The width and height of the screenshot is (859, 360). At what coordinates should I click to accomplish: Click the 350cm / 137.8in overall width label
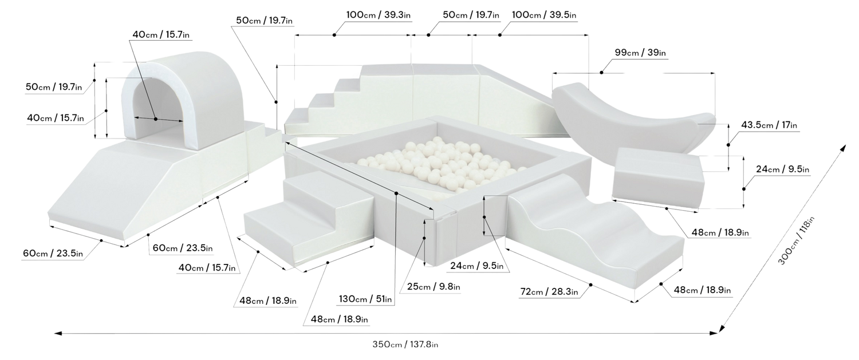pos(405,345)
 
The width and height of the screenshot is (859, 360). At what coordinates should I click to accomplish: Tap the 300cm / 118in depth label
pos(795,241)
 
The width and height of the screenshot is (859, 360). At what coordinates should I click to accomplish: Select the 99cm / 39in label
pos(640,53)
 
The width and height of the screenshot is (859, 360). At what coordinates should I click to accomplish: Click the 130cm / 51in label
pos(365,299)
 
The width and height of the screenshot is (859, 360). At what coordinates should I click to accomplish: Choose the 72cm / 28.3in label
pos(549,292)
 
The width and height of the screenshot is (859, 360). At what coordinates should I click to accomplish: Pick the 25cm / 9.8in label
pos(434,286)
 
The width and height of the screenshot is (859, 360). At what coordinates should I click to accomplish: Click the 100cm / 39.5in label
pos(544,15)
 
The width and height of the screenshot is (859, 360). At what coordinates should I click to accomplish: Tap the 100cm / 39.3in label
pos(378,15)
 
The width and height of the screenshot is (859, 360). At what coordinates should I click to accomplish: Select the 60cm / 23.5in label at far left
pos(53,254)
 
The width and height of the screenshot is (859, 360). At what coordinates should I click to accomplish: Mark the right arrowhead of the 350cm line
pos(714,333)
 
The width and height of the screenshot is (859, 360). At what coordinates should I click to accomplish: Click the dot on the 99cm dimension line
pos(601,73)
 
